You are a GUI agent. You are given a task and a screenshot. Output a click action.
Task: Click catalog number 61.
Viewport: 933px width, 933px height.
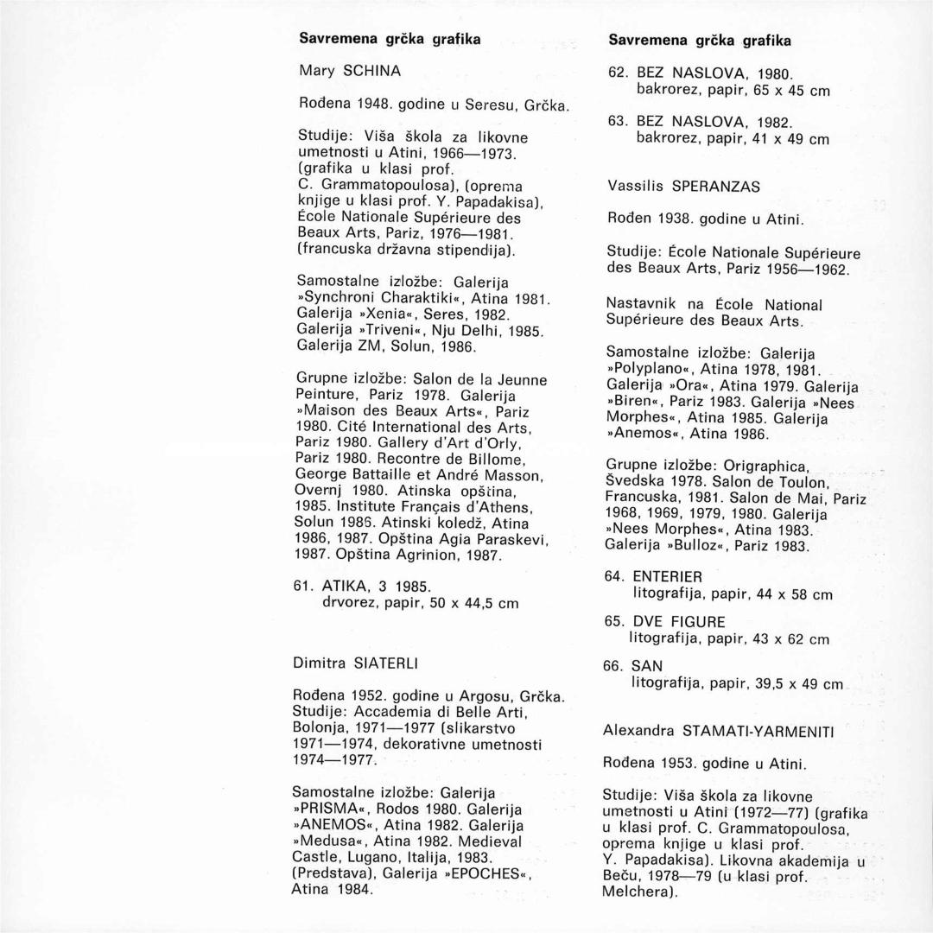[x=303, y=586]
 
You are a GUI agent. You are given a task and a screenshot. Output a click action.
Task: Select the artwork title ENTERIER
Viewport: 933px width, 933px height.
[x=667, y=576]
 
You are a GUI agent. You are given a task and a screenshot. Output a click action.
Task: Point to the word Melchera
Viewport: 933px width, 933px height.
[x=638, y=893]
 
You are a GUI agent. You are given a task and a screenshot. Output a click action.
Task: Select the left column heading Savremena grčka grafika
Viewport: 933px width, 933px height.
[x=390, y=38]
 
